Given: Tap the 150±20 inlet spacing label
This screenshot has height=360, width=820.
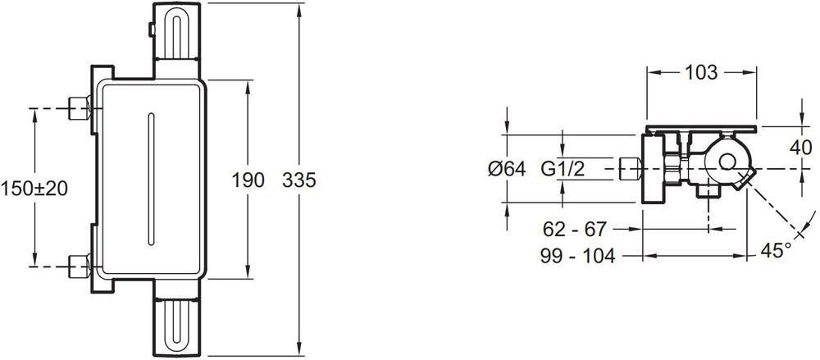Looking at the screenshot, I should click(x=34, y=187).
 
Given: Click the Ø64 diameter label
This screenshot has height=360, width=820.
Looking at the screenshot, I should click(x=506, y=170).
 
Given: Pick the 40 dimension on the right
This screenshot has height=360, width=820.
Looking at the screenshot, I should click(x=801, y=148).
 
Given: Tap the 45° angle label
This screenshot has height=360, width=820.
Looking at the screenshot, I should click(x=775, y=250).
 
